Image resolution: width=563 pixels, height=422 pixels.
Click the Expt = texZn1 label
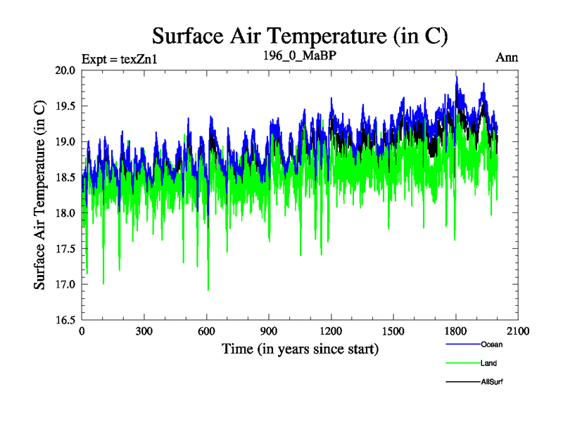click(x=119, y=58)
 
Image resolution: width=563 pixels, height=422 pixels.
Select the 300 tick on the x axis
click(x=144, y=331)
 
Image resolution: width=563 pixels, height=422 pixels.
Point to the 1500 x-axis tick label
click(x=393, y=331)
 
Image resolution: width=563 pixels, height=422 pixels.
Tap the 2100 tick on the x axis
click(x=518, y=331)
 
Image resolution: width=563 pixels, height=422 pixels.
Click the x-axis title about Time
click(x=301, y=349)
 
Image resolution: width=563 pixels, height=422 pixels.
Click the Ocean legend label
click(x=492, y=345)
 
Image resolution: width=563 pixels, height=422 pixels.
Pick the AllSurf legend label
click(x=492, y=381)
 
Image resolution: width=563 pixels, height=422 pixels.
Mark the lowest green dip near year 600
click(x=208, y=289)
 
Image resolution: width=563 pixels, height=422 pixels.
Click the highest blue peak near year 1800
click(x=456, y=77)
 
